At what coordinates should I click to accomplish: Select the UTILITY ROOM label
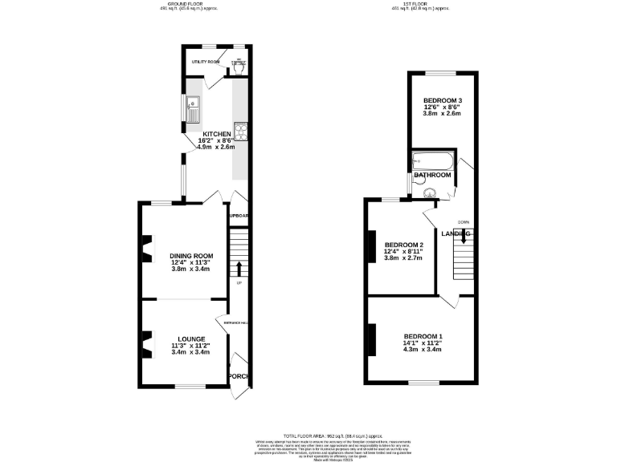click(205, 61)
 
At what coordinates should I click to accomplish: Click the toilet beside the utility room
click(239, 67)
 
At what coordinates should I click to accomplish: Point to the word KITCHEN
click(217, 134)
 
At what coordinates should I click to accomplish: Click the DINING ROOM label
click(191, 255)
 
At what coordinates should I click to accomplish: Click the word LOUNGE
click(191, 338)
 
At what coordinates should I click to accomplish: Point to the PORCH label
click(239, 376)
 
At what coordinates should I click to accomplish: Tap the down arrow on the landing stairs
click(463, 236)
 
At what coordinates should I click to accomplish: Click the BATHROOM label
click(432, 175)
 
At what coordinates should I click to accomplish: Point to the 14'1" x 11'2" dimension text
click(423, 342)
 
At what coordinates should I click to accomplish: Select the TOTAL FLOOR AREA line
click(308, 434)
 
